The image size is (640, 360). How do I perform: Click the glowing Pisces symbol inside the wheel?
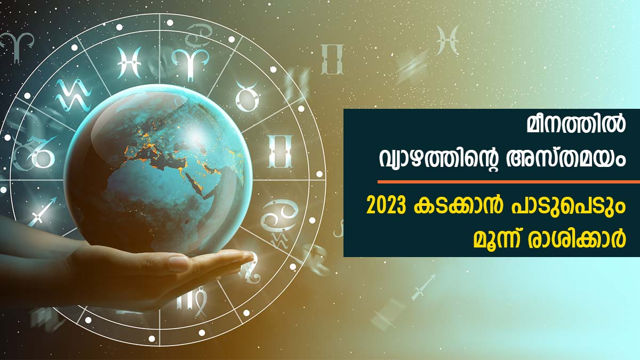(x=130, y=62)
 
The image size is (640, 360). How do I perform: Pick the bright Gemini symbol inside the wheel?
(x=280, y=151)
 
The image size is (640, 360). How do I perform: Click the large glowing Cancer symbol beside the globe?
(x=278, y=217)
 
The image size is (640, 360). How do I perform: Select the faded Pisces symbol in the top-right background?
(x=447, y=40)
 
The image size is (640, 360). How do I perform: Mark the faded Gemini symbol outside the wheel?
(x=332, y=59)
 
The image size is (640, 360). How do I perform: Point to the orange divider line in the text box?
(x=509, y=182)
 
